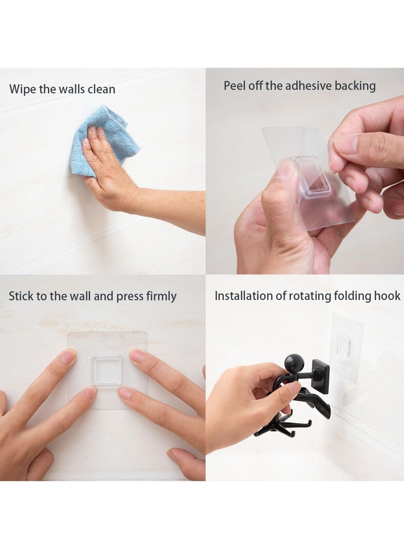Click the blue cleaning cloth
(x=109, y=132)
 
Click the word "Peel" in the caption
(x=234, y=86)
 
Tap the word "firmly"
(x=161, y=296)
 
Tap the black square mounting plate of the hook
(x=320, y=376)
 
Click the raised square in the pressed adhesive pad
(x=107, y=371)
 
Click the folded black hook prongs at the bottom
(x=275, y=426)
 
